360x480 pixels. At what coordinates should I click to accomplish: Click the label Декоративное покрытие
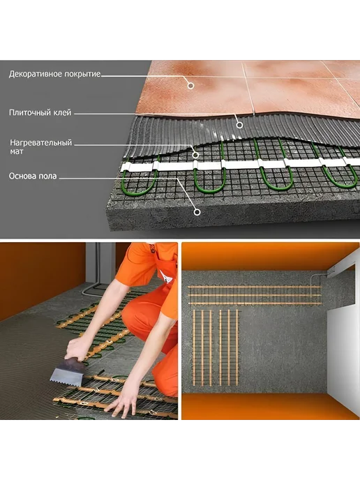pyautogui.click(x=55, y=74)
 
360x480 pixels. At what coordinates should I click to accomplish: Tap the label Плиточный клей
pyautogui.click(x=40, y=112)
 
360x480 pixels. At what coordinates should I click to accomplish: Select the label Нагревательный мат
pyautogui.click(x=40, y=147)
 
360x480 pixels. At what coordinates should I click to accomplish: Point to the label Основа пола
pyautogui.click(x=33, y=176)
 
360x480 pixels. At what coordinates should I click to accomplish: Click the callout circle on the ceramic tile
pyautogui.click(x=190, y=86)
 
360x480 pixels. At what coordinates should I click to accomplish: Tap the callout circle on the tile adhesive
pyautogui.click(x=240, y=125)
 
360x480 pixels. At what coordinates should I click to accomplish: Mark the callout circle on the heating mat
pyautogui.click(x=195, y=155)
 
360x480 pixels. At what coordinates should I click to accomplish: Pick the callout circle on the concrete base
pyautogui.click(x=197, y=212)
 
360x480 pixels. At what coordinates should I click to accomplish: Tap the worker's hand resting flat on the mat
pyautogui.click(x=123, y=401)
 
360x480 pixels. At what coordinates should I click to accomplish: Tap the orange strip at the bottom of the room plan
pyautogui.click(x=269, y=406)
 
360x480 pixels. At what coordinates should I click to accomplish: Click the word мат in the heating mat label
pyautogui.click(x=17, y=151)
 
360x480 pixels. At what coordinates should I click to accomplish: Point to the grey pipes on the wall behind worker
pyautogui.click(x=93, y=276)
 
